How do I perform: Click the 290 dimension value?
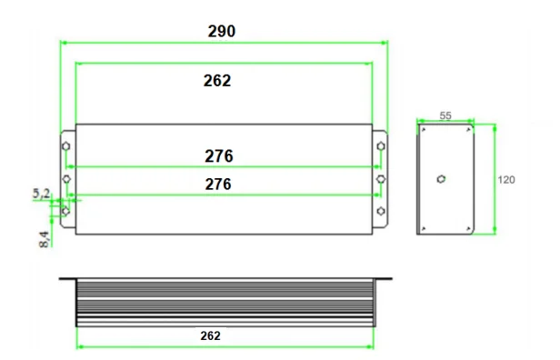222,31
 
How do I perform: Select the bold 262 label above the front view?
217,81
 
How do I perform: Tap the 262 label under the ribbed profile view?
210,335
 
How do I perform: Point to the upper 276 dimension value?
218,156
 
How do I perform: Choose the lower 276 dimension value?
218,185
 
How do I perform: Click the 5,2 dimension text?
42,194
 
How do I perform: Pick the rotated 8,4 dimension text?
44,239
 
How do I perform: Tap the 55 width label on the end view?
445,115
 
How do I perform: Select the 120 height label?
506,180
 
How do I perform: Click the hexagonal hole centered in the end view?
441,179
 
